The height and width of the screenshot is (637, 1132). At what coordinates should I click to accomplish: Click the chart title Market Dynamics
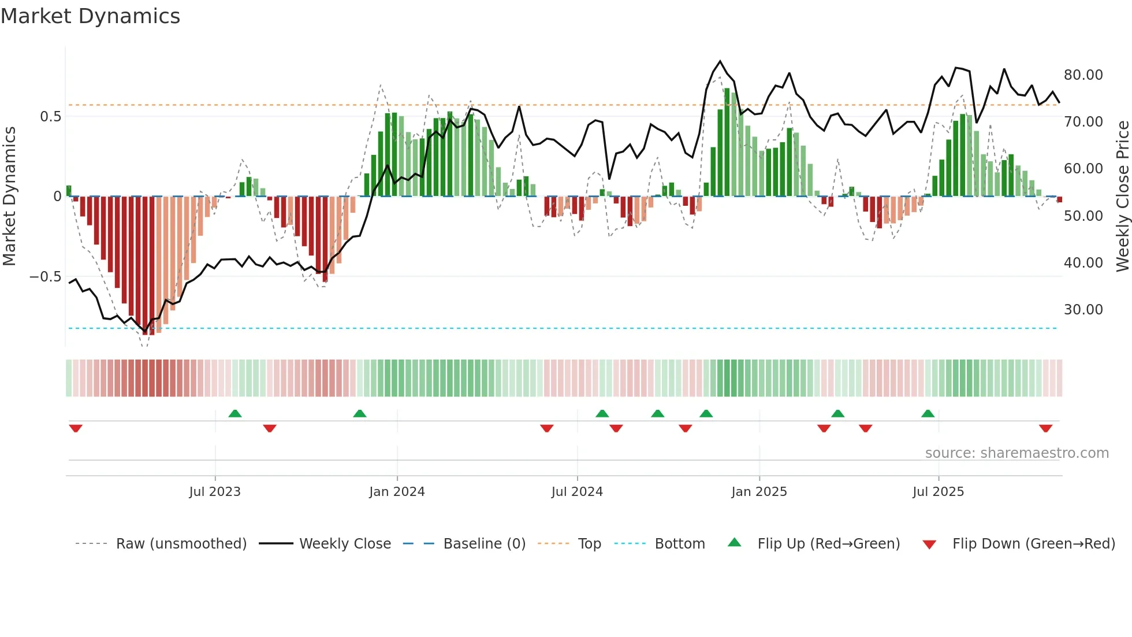point(91,16)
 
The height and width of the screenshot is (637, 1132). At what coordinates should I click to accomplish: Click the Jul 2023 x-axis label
point(215,492)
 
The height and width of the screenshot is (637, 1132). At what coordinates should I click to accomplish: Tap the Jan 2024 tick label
point(397,492)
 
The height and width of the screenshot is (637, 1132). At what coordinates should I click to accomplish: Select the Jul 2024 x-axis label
point(577,492)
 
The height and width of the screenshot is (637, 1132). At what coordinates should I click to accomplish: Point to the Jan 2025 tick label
point(759,492)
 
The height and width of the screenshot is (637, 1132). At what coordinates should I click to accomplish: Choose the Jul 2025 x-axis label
point(939,492)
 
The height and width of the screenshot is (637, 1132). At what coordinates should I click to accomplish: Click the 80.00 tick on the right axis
point(1083,75)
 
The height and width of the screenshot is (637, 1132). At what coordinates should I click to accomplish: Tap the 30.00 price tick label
point(1083,310)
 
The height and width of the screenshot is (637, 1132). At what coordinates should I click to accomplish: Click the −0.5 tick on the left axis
point(45,277)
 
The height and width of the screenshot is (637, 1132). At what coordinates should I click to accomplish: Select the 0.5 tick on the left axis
point(50,117)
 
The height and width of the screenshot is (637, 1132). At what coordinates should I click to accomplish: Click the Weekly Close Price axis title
point(1122,197)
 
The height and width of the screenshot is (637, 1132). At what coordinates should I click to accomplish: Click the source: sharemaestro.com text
point(1016,453)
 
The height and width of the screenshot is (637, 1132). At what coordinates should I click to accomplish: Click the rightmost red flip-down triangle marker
point(1045,428)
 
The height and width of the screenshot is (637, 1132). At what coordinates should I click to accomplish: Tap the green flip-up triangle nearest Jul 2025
point(928,413)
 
